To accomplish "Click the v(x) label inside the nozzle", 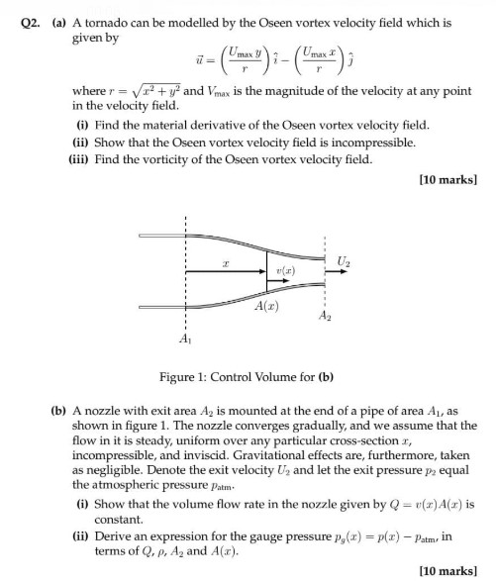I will click(x=285, y=270).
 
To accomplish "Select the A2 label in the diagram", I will click(x=324, y=316).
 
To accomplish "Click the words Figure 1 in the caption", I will click(x=184, y=376).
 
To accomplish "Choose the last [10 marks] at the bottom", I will click(x=449, y=571).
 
